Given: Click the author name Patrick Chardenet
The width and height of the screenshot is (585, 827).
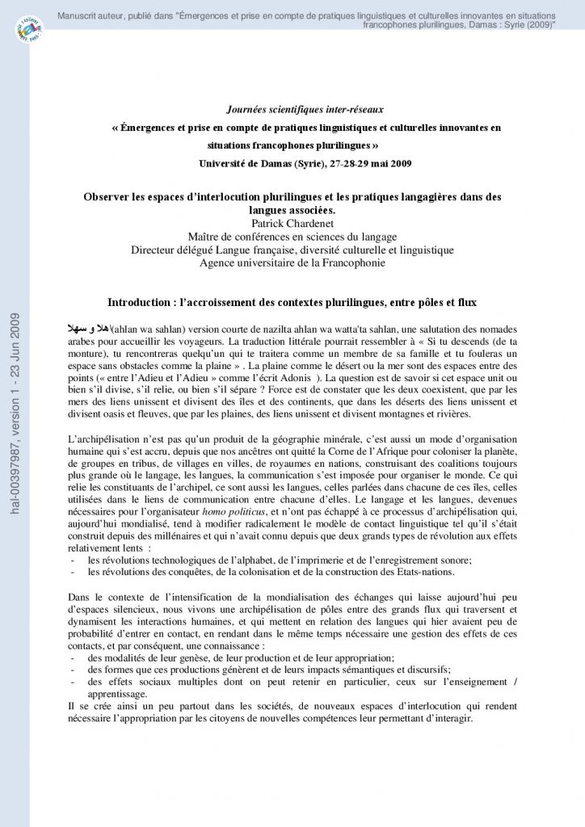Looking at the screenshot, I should click(x=292, y=223).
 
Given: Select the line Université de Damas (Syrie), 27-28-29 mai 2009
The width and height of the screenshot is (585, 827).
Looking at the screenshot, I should click(x=305, y=164).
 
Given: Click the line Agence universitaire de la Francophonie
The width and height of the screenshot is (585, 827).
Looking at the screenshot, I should click(x=292, y=262).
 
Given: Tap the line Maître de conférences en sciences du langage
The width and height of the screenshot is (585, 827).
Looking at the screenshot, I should click(x=292, y=236).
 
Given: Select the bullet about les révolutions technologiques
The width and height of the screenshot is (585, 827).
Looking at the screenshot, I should click(x=280, y=560).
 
